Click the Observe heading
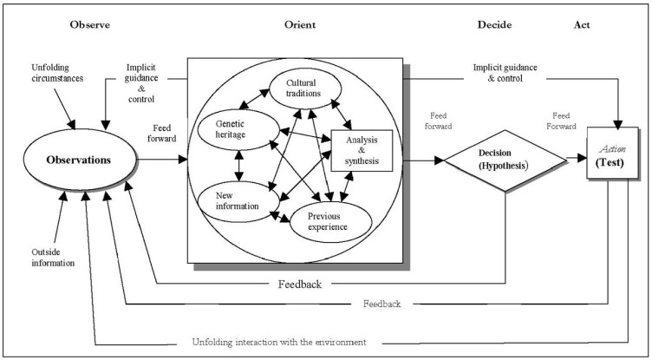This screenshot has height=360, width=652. (x=90, y=24)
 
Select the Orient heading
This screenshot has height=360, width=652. (x=294, y=24)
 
